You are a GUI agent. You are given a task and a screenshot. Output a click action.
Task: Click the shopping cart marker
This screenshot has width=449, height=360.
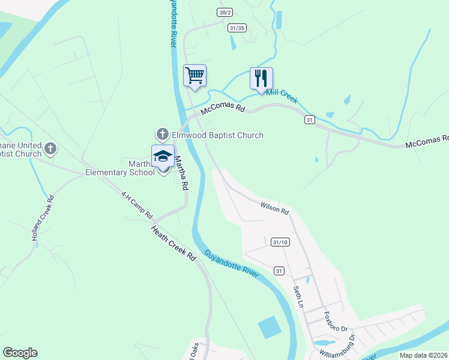pos(194,76)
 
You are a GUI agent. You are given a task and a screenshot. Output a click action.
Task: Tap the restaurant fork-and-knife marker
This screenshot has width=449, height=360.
pos(261,79)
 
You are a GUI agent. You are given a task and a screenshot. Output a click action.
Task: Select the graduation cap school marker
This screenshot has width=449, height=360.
pos(163,157)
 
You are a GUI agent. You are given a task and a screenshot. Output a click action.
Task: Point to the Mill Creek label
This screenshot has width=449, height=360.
pos(282,97)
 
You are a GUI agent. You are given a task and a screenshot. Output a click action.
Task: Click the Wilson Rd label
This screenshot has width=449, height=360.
pos(275,209)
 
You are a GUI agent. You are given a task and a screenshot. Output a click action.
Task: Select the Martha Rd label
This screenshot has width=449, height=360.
pos(181,173)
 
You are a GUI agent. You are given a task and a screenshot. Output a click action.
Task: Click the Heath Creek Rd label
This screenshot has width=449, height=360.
pos(173,240)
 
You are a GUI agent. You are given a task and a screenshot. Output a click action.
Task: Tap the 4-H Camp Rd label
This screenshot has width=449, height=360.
pos(137,205)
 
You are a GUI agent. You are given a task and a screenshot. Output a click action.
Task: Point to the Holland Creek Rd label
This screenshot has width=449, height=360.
pos(43,218)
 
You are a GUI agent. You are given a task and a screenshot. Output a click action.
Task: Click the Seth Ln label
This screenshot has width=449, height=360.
pos(297,296)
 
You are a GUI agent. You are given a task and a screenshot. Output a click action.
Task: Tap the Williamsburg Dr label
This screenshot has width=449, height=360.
pos(338,345)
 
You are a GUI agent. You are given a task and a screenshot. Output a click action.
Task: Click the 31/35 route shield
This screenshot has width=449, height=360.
pos(238,28)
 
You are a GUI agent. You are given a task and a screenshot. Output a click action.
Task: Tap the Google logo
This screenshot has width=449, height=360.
pos(20,353)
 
